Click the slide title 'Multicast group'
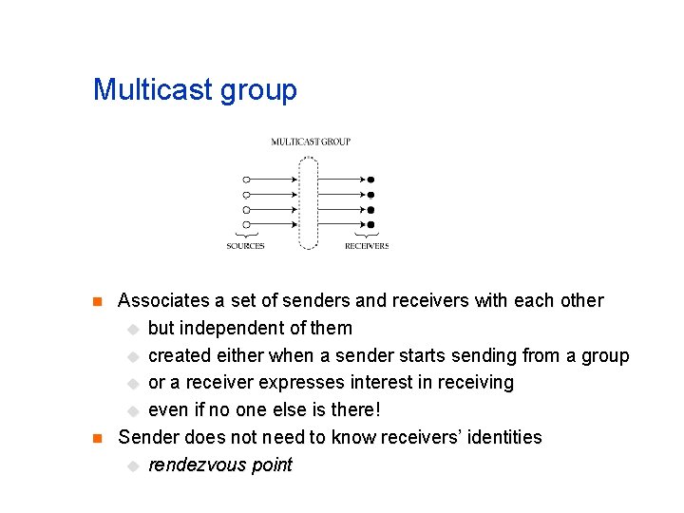[195, 90]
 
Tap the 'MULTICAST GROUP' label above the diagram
[311, 142]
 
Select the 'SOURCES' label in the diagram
[245, 246]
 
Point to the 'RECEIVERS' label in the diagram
[367, 246]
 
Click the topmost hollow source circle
[246, 179]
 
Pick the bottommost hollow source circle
[246, 224]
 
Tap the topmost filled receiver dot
[371, 179]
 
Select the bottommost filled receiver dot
[371, 224]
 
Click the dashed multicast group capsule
[308, 201]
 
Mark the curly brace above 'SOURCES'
[246, 235]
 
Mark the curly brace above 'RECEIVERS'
[367, 235]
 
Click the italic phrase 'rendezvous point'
[220, 465]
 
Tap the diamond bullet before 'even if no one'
[133, 411]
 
